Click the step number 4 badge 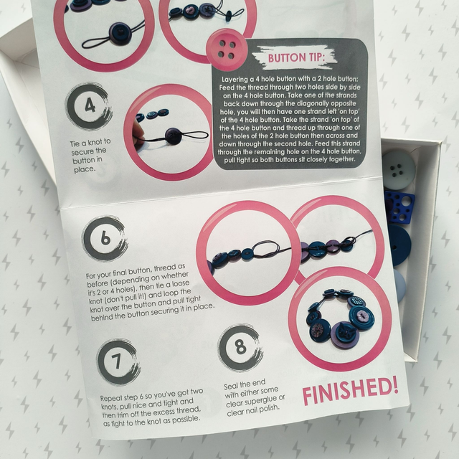pos(89,106)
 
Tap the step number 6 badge pos(105,238)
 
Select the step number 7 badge pos(118,362)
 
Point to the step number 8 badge pos(240,347)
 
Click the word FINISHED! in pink pos(351,391)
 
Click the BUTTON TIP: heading pos(296,57)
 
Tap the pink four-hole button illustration pos(225,49)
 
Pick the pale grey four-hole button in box pos(398,169)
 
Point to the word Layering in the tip pos(235,80)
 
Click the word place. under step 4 pos(85,169)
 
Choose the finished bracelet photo pos(339,318)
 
